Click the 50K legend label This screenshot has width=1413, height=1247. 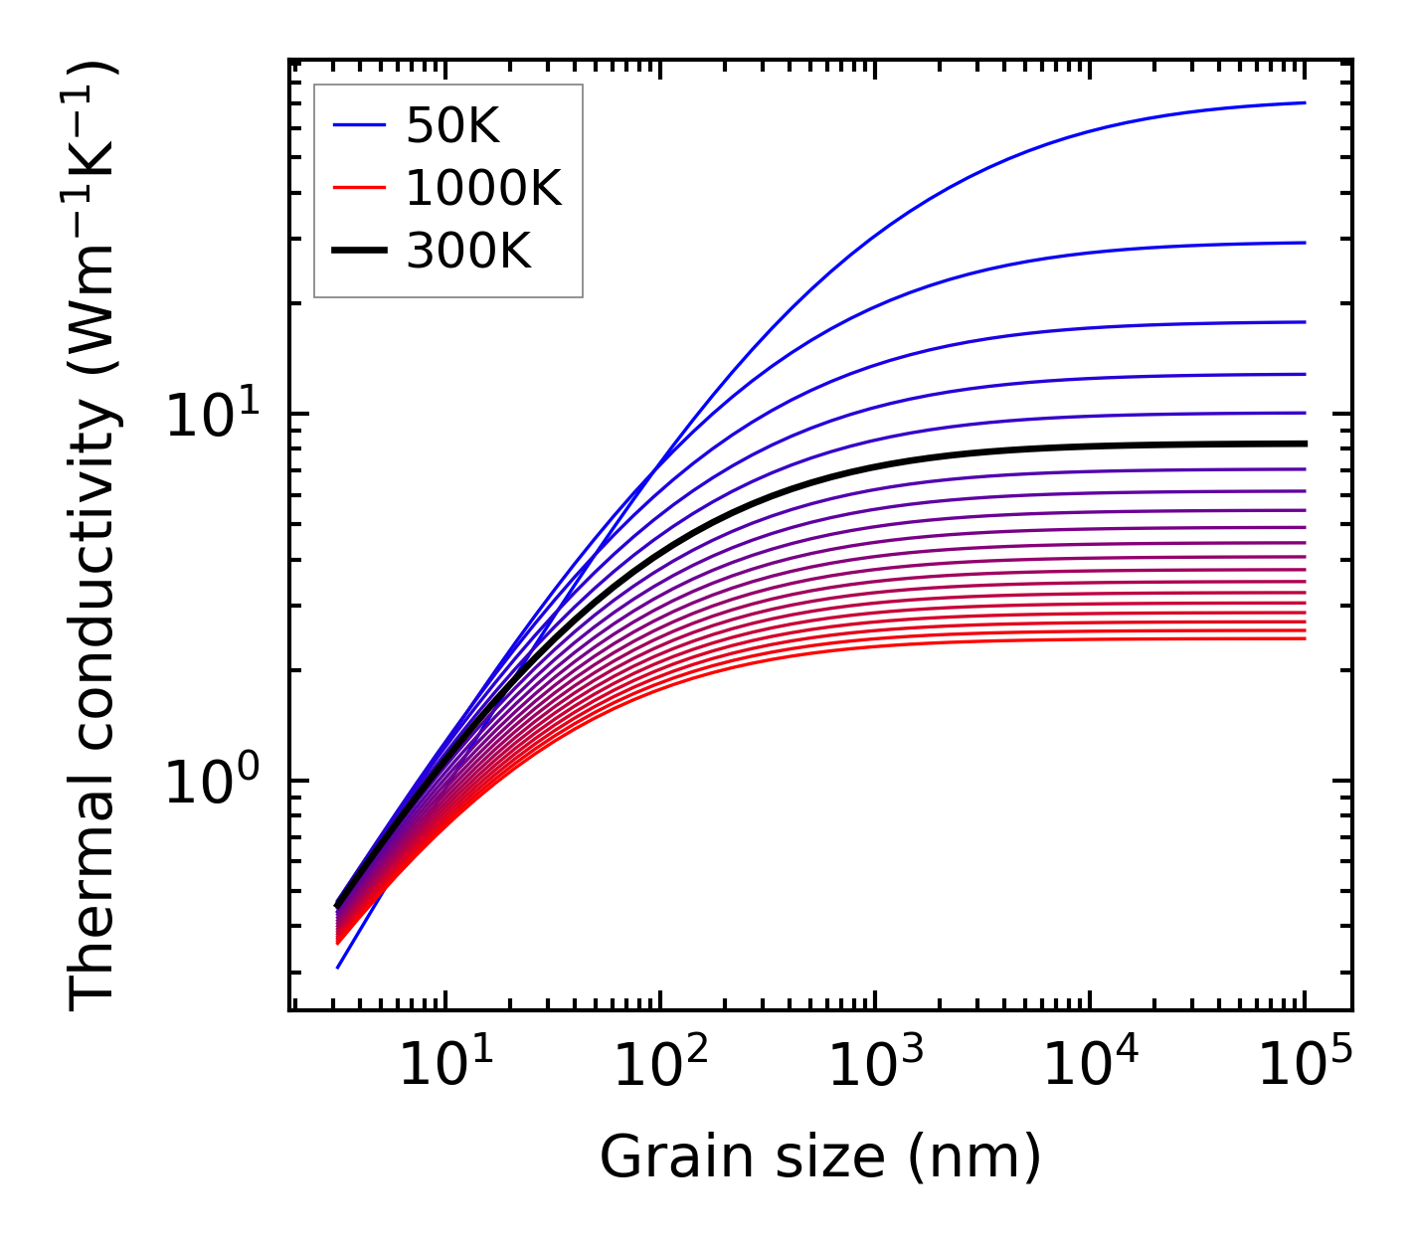[452, 126]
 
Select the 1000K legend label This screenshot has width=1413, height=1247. [483, 188]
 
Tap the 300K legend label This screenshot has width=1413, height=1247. [468, 252]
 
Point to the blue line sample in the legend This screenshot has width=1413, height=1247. [358, 125]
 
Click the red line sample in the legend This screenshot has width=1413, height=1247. [358, 188]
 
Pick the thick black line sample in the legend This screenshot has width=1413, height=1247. [358, 252]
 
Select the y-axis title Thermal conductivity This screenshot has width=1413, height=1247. [94, 537]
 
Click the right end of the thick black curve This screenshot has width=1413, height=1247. [1304, 444]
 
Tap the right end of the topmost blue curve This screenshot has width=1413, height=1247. [1304, 102]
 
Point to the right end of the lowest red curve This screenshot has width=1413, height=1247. [1304, 638]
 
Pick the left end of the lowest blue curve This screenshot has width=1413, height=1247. [338, 967]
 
